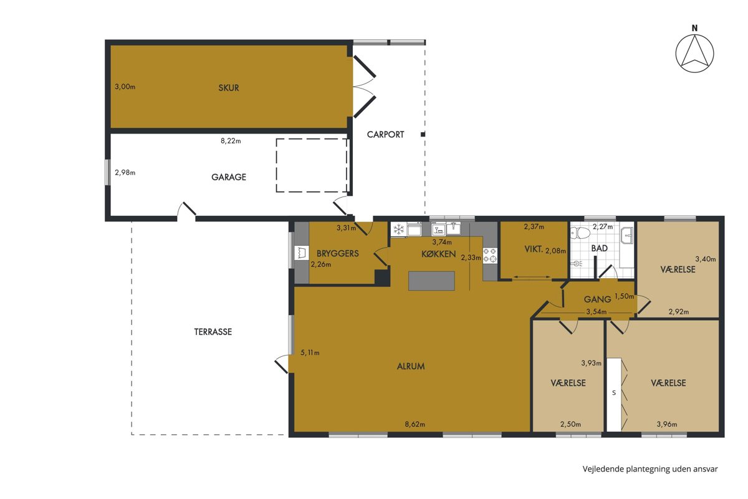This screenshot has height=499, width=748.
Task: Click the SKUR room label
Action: click(x=229, y=88)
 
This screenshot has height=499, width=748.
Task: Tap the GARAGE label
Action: click(x=229, y=177)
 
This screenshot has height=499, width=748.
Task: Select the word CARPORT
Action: click(x=385, y=135)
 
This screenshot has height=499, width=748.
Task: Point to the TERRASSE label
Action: click(x=213, y=332)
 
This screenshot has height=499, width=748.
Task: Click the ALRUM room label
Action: click(x=411, y=366)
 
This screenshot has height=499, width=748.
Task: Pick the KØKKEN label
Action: click(x=438, y=254)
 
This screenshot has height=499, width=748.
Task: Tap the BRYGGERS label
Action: click(x=338, y=254)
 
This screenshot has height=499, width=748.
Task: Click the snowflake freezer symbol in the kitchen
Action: click(x=398, y=230)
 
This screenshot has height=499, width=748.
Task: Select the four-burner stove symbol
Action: click(x=490, y=255)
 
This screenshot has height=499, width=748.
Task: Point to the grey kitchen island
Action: click(x=431, y=281)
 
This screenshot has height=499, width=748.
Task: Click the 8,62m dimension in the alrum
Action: click(x=415, y=425)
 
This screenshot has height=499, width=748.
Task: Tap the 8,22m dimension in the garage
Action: click(x=231, y=141)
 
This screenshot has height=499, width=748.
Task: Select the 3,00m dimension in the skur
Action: click(x=125, y=87)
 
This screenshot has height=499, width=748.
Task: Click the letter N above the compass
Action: click(x=695, y=29)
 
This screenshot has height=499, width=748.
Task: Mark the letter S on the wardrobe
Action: click(x=614, y=393)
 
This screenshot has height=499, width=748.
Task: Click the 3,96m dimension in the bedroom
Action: click(x=667, y=425)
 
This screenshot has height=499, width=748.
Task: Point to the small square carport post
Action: click(x=423, y=134)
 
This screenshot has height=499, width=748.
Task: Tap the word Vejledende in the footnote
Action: click(x=603, y=469)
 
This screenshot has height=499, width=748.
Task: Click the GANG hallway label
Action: click(x=597, y=299)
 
